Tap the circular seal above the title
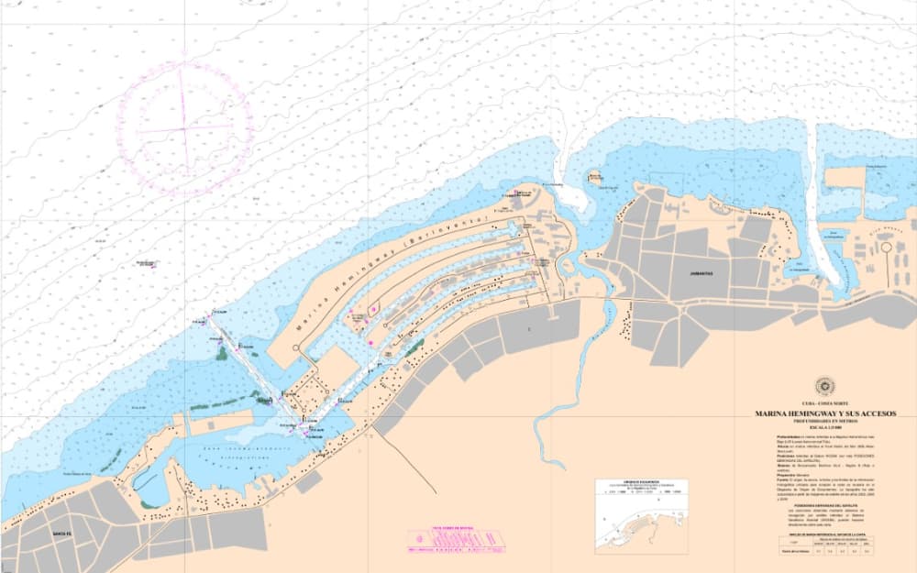[x=821, y=386]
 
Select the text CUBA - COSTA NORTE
[x=822, y=402]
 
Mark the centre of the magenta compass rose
[x=184, y=127]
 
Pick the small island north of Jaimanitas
[x=596, y=174]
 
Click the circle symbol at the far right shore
[x=887, y=248]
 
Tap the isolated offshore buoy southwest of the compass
[x=147, y=264]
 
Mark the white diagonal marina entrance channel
[x=248, y=367]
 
